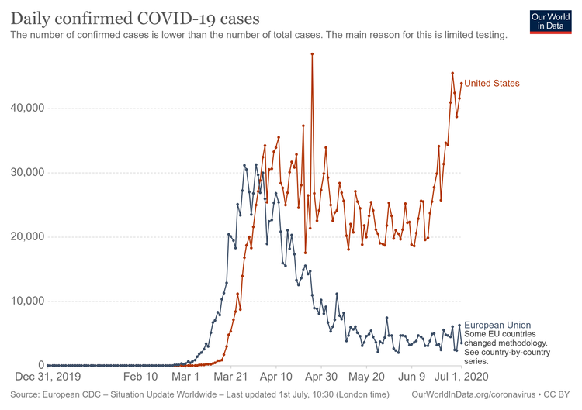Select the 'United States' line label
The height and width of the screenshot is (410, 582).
[492, 84]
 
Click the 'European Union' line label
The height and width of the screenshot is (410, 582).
[497, 325]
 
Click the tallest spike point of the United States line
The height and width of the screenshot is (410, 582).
[312, 54]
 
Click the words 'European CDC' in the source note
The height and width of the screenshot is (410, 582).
[74, 395]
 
